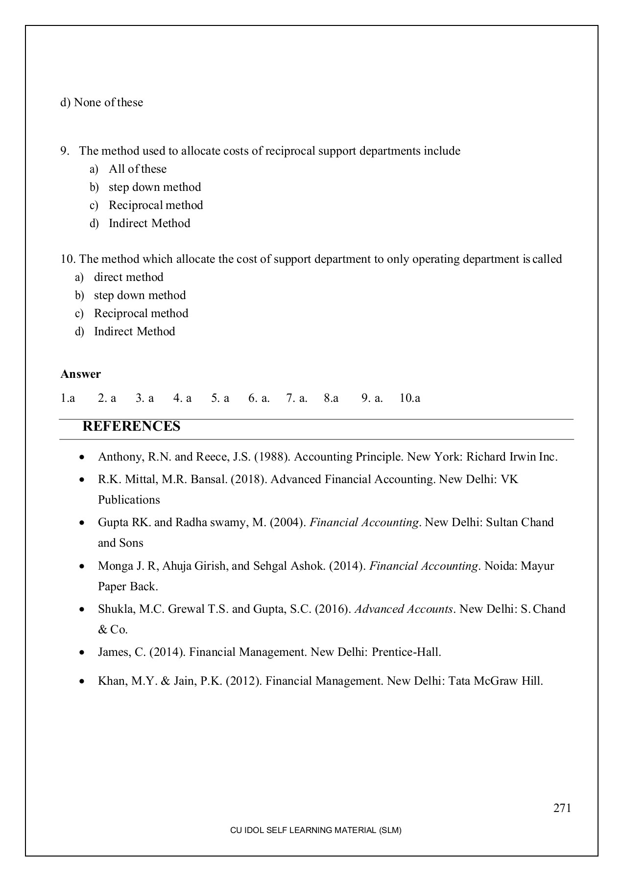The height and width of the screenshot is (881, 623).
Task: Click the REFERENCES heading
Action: (x=131, y=426)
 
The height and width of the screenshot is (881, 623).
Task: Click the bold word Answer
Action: (x=80, y=374)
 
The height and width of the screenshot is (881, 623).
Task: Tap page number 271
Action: (x=562, y=808)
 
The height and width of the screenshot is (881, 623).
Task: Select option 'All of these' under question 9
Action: (x=138, y=169)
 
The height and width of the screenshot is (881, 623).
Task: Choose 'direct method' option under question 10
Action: (x=128, y=277)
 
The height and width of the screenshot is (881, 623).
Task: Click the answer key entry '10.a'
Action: (x=410, y=398)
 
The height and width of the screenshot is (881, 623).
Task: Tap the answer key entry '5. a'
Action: (x=220, y=398)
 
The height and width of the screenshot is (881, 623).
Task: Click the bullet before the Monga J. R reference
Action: (x=82, y=566)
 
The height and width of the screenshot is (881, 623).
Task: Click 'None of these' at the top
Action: (x=108, y=102)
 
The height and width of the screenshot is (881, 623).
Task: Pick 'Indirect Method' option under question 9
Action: (x=149, y=223)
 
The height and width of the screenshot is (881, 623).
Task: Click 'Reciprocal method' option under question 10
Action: (x=141, y=313)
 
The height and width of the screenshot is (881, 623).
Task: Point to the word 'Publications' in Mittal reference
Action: (x=129, y=500)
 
